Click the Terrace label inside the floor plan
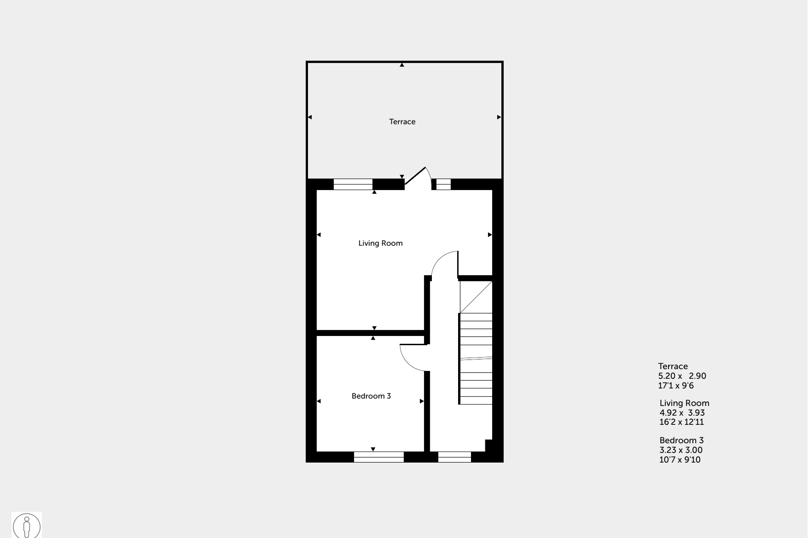point(402,121)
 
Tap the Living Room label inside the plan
point(380,243)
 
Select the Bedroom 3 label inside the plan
point(371,396)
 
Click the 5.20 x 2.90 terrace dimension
point(682,376)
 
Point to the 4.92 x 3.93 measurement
point(682,413)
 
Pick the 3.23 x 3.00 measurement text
point(681,450)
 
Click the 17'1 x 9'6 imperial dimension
point(676,385)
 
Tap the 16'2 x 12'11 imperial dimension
point(682,422)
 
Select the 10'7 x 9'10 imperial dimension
point(680,460)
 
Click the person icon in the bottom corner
point(27,526)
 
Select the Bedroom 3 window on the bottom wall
point(379,457)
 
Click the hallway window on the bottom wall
point(454,457)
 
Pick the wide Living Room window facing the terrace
point(353,184)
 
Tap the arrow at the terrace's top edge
point(402,65)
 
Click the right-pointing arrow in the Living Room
point(490,235)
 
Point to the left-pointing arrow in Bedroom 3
point(319,401)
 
